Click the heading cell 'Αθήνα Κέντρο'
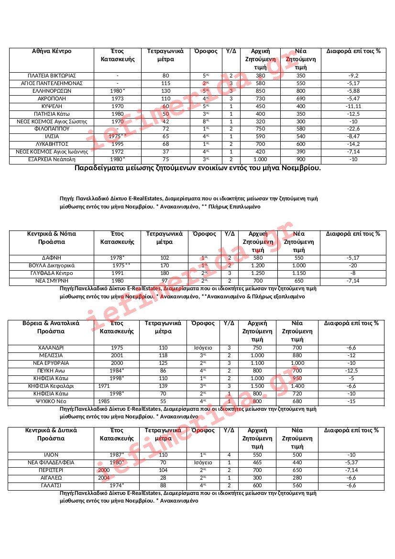pos(52,51)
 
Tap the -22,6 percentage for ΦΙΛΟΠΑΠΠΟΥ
pos(353,129)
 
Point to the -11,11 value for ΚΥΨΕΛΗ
pos(353,106)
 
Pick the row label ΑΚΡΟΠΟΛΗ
pos(52,99)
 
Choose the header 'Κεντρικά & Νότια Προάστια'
pos(52,238)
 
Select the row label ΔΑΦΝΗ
pos(52,258)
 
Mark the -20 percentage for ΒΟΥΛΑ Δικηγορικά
pos(353,265)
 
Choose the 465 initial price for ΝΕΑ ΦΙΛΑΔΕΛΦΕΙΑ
pos(257,462)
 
